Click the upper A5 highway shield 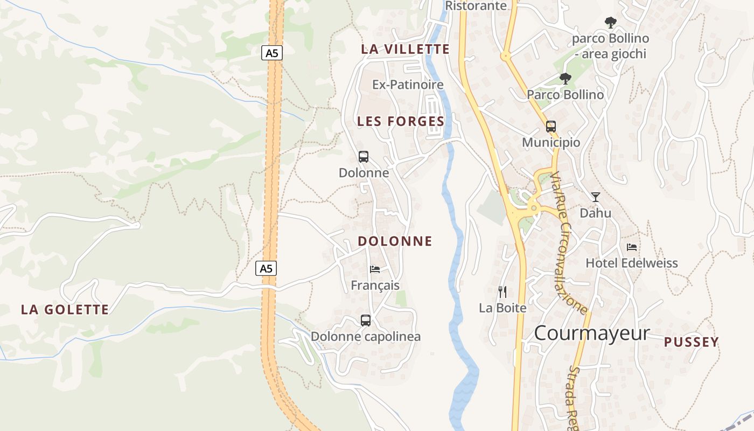coord(273,53)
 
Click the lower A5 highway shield coord(266,268)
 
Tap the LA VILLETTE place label coord(405,49)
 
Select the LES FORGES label coord(401,122)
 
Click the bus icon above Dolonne coord(364,157)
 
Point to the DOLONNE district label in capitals coord(395,241)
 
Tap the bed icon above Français coord(375,269)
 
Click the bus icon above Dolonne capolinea coord(366,321)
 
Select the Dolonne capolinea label coord(366,337)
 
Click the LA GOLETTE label coord(65,310)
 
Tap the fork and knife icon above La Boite coord(502,292)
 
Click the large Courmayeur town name coord(592,333)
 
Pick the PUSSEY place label coord(691,342)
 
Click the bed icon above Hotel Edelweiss coord(632,247)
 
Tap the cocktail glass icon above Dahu coord(595,197)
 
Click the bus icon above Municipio coord(551,127)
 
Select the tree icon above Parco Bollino coord(565,79)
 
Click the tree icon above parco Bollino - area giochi coord(610,23)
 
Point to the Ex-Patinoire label coord(408,85)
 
